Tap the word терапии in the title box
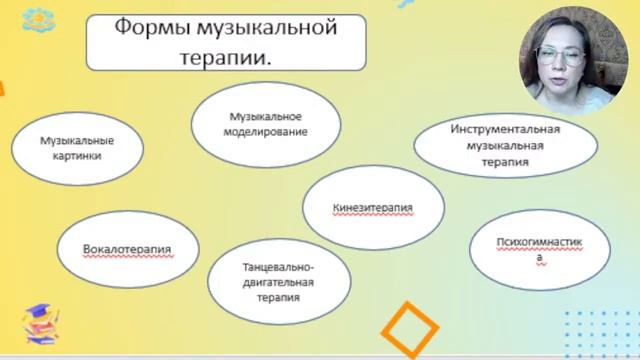[226, 57]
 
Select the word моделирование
[261, 131]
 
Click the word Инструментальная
[505, 130]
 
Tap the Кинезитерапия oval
[372, 208]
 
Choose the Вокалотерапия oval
[127, 249]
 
